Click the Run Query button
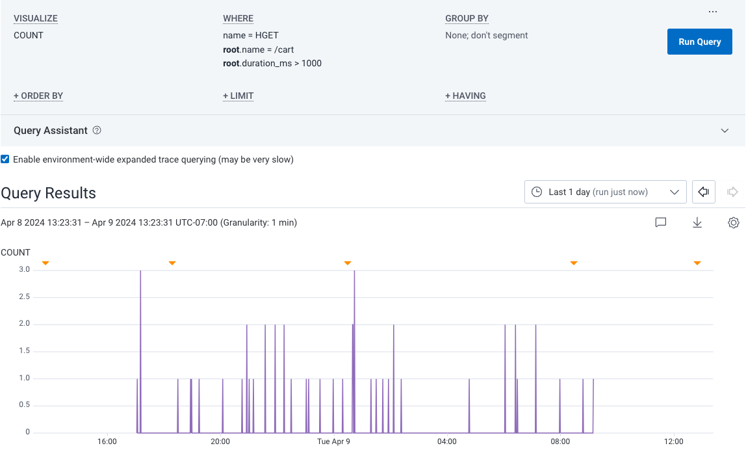pyautogui.click(x=699, y=42)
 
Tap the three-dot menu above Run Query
pyautogui.click(x=713, y=12)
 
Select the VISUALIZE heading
pyautogui.click(x=36, y=18)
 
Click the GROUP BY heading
pyautogui.click(x=467, y=18)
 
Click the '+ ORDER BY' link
pyautogui.click(x=38, y=96)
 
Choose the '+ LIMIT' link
pyautogui.click(x=238, y=96)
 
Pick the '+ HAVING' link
pyautogui.click(x=465, y=96)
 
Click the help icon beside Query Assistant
pyautogui.click(x=97, y=130)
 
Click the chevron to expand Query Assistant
pyautogui.click(x=725, y=131)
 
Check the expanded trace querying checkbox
pyautogui.click(x=5, y=159)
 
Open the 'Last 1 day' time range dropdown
pyautogui.click(x=605, y=192)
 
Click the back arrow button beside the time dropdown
pyautogui.click(x=703, y=192)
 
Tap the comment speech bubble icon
pyautogui.click(x=661, y=222)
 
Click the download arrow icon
pyautogui.click(x=697, y=222)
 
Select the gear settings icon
pyautogui.click(x=734, y=222)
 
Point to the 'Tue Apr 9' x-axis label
pyautogui.click(x=333, y=441)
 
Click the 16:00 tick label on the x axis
pyautogui.click(x=107, y=441)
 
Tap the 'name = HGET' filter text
pyautogui.click(x=251, y=35)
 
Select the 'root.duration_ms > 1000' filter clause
pyautogui.click(x=272, y=63)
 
